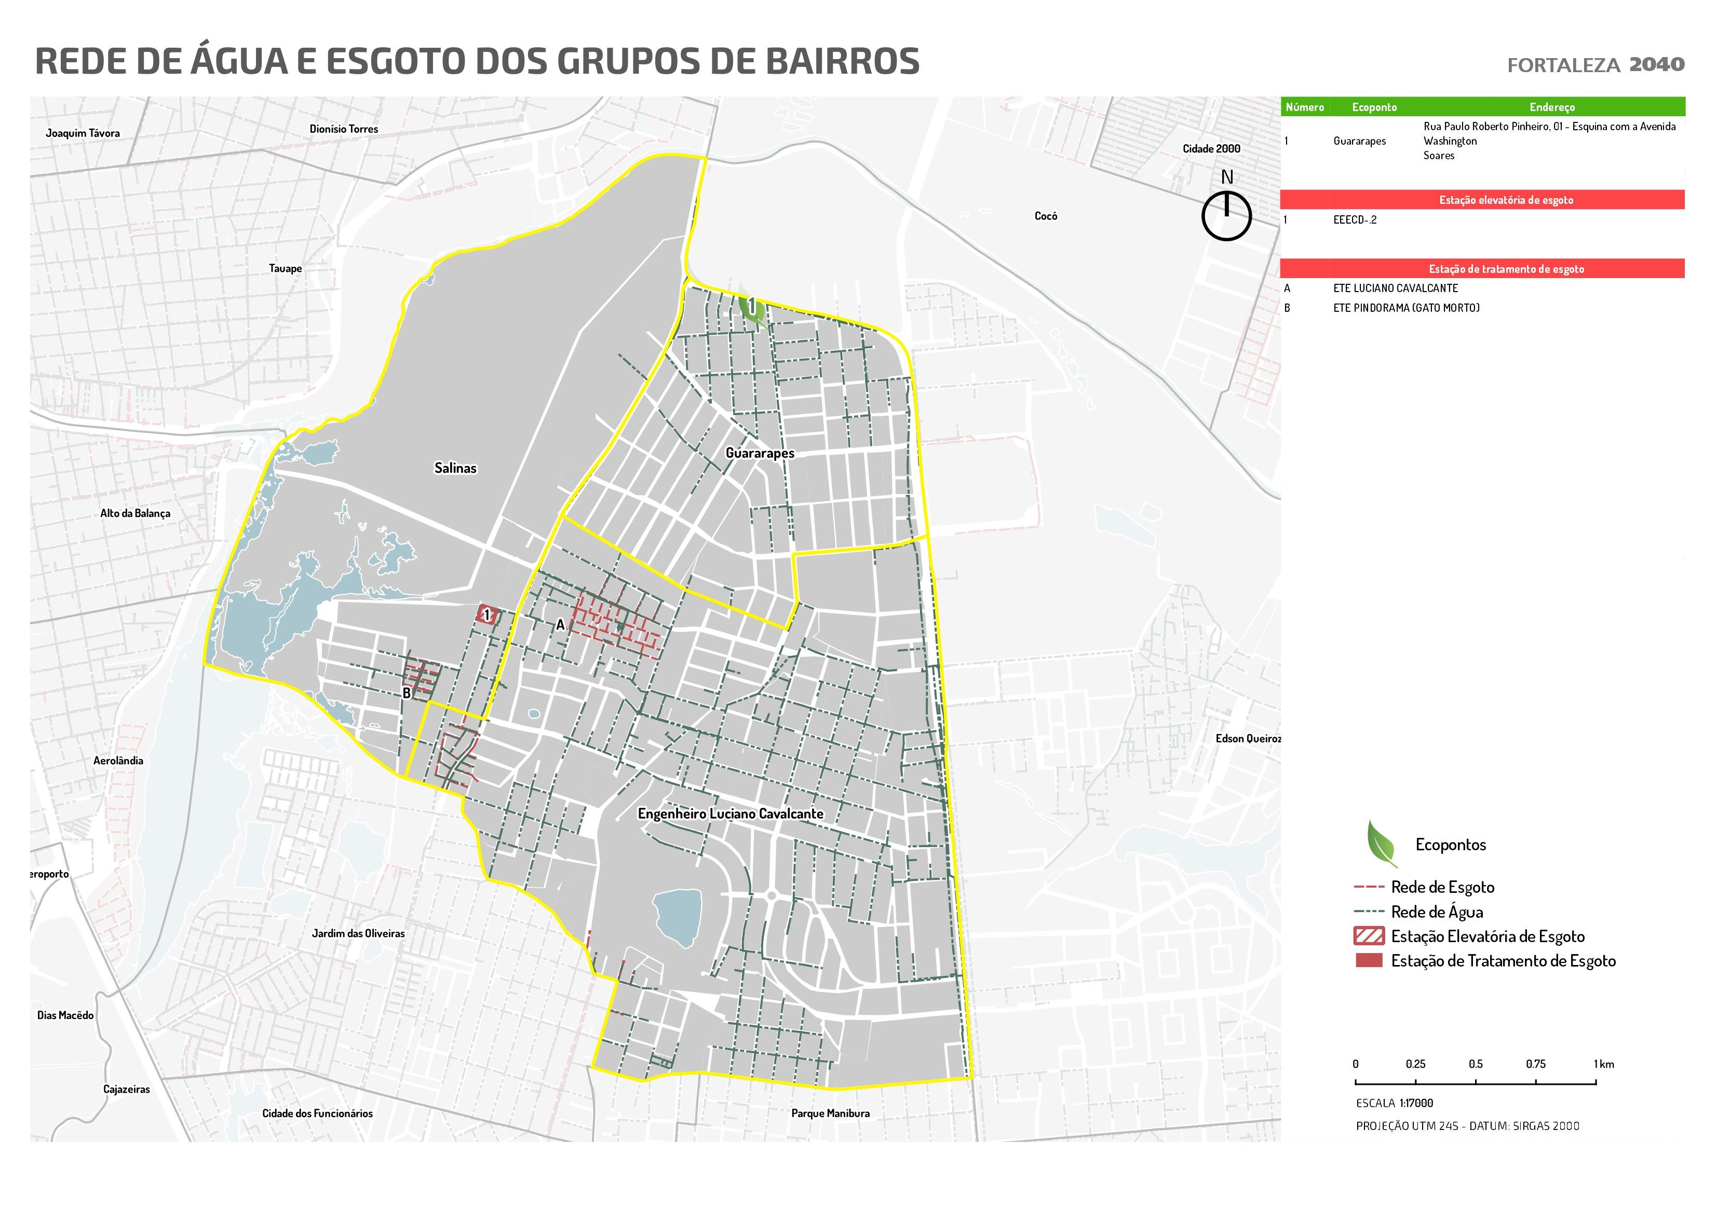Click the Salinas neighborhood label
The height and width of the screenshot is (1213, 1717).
pos(455,468)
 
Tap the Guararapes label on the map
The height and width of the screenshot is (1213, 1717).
pos(759,453)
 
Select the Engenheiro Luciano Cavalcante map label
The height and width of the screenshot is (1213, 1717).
pos(730,814)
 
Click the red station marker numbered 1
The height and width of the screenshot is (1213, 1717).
pos(488,614)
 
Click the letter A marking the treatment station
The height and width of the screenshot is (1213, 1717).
pos(560,625)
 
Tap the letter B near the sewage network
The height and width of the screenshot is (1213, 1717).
pos(407,693)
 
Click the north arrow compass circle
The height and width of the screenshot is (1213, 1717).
pos(1226,216)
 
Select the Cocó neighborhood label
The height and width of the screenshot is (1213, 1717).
pos(1046,216)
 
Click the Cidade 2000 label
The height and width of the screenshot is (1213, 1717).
pos(1211,149)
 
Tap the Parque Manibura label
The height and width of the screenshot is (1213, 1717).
pos(830,1113)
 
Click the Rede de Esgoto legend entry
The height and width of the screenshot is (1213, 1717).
pos(1442,887)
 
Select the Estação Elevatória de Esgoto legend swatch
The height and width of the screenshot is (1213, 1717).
pos(1369,936)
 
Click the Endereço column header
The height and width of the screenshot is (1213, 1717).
pos(1552,107)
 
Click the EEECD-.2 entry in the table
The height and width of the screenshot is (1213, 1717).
pos(1354,220)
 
